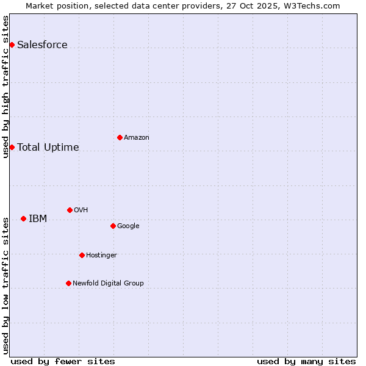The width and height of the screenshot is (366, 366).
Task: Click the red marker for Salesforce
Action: click(12, 45)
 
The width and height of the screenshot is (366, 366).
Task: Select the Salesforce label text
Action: click(42, 45)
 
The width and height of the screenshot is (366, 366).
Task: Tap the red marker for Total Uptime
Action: click(12, 147)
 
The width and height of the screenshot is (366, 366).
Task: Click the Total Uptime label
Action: click(48, 147)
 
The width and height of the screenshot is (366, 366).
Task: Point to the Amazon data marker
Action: click(120, 137)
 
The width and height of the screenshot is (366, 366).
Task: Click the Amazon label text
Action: click(136, 137)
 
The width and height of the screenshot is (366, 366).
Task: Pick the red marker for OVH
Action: click(70, 210)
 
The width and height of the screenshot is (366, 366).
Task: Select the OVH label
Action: click(81, 210)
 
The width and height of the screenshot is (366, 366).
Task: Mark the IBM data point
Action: click(23, 218)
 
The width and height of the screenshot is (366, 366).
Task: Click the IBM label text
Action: click(38, 218)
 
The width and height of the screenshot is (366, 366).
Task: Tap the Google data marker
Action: click(113, 226)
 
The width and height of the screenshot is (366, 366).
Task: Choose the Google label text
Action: click(128, 226)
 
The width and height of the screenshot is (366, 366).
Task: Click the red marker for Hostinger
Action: click(82, 255)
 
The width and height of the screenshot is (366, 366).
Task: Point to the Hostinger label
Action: click(101, 255)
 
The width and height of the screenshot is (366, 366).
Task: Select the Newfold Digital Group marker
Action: click(68, 283)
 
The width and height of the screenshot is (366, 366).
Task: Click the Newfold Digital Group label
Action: click(108, 283)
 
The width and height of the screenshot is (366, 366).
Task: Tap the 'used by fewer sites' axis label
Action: click(63, 361)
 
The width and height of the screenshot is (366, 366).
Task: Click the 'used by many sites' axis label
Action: click(306, 361)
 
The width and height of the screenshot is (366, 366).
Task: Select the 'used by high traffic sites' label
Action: click(5, 86)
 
